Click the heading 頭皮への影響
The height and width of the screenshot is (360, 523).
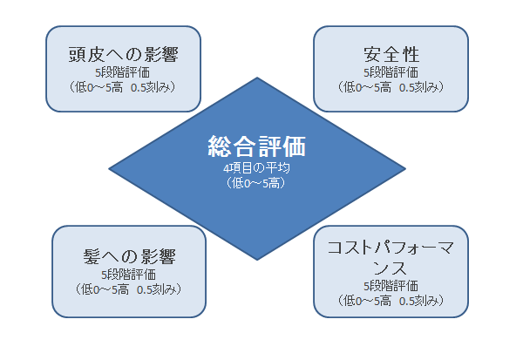(x=124, y=54)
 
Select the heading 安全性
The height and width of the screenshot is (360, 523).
(x=391, y=54)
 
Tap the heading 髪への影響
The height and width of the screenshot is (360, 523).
(x=129, y=256)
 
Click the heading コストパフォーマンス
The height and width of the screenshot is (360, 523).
(x=391, y=257)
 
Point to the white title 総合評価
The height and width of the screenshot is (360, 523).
(x=257, y=146)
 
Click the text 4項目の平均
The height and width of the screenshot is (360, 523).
(x=256, y=168)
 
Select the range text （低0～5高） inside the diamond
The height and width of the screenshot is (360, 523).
(x=256, y=183)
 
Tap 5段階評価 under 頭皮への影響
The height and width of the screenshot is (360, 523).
(x=122, y=72)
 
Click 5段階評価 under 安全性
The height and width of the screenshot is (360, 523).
(x=391, y=72)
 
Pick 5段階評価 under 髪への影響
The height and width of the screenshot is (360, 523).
(x=128, y=275)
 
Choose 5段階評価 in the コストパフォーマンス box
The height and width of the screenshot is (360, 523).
(x=391, y=286)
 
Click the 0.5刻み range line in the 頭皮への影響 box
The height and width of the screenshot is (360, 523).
(x=122, y=87)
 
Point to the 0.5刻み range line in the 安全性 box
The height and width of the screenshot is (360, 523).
(x=391, y=87)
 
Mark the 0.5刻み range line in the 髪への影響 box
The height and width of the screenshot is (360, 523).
(x=128, y=289)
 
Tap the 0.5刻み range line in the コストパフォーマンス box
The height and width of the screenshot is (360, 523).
(x=391, y=301)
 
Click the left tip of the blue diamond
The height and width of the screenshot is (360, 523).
(x=109, y=168)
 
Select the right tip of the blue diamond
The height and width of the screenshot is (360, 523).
(x=405, y=168)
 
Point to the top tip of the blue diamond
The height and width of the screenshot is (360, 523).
(x=257, y=78)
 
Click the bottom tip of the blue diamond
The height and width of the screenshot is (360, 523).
(x=257, y=260)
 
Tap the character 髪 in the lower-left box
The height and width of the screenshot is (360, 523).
(x=92, y=256)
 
